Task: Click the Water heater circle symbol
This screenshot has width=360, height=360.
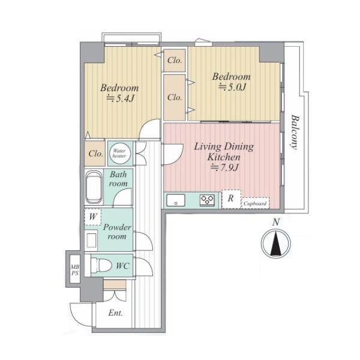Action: (119, 154)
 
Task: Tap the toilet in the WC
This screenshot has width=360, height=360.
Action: (101, 266)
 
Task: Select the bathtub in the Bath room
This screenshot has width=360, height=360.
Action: (94, 187)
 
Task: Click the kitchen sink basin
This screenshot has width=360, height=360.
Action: (176, 200)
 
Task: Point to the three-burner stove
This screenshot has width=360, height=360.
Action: (207, 200)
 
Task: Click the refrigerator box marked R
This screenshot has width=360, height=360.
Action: (231, 199)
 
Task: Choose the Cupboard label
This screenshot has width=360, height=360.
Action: (255, 203)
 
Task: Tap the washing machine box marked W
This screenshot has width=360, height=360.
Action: (93, 217)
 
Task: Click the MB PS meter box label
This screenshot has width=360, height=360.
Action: (75, 270)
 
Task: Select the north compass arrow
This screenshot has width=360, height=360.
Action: (276, 244)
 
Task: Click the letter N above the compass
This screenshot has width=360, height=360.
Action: (276, 222)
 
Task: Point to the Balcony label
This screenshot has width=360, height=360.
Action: (295, 132)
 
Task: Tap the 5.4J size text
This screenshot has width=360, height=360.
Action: (121, 98)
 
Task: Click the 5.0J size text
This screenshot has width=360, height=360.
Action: (232, 87)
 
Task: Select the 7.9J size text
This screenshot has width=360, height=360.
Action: (225, 167)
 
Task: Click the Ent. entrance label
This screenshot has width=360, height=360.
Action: (115, 313)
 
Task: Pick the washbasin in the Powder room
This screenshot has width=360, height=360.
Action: (91, 240)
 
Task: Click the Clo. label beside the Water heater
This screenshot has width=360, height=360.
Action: (96, 154)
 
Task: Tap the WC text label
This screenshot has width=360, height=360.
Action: (122, 266)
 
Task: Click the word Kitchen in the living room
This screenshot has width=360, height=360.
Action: (224, 157)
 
